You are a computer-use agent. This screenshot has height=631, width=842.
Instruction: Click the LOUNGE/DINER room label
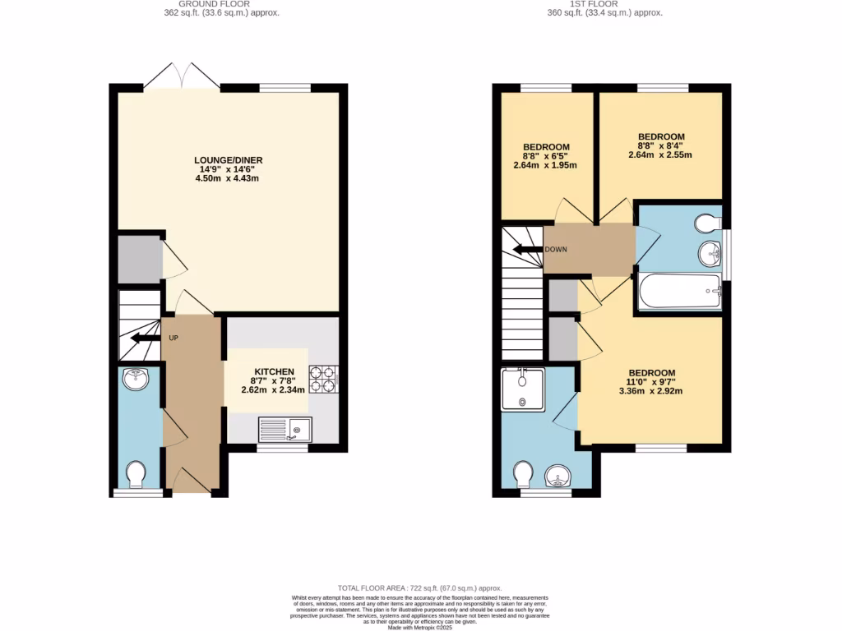click(x=228, y=160)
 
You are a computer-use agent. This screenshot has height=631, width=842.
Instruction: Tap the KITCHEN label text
click(x=274, y=372)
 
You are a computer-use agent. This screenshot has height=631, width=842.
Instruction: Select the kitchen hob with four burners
click(x=322, y=380)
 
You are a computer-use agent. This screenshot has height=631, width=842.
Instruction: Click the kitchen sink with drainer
click(x=285, y=429)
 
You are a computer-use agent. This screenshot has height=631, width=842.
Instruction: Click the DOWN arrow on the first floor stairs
click(x=527, y=249)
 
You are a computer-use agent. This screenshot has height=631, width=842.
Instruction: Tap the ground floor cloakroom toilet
click(x=136, y=474)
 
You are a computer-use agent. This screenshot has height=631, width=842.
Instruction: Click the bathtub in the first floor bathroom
click(x=679, y=291)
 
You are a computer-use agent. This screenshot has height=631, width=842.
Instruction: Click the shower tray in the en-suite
click(x=522, y=389)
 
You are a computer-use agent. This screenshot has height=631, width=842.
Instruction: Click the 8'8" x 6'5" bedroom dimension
click(x=539, y=155)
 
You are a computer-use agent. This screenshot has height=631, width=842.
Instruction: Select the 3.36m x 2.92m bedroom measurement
click(x=651, y=391)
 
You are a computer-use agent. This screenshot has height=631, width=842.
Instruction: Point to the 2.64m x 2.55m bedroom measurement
click(x=661, y=154)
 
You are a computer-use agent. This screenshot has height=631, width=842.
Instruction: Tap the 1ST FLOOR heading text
click(x=605, y=3)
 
